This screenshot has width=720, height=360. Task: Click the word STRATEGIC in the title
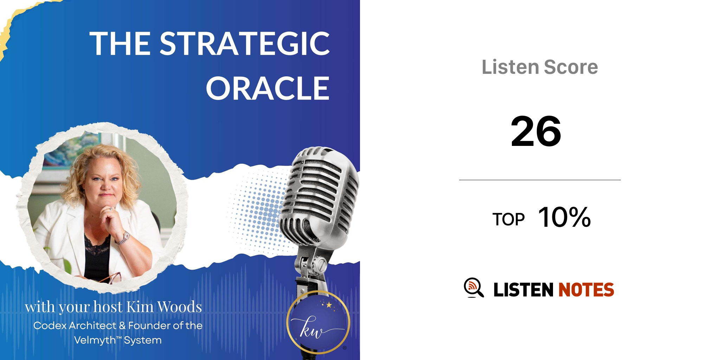point(245,44)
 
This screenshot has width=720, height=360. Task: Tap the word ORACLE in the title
point(268,88)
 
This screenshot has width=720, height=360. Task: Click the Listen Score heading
point(540,67)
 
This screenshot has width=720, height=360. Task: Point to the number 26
point(536,131)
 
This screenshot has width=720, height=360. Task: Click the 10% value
point(564,217)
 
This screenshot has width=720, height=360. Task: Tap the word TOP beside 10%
point(508,219)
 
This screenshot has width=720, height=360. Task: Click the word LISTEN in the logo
point(523,290)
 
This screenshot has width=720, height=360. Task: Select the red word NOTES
point(586,290)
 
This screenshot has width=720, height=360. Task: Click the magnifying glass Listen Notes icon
point(474,288)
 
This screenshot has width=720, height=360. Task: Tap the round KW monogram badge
point(318,322)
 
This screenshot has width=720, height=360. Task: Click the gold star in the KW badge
point(329,304)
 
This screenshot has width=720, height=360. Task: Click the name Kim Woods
point(164,307)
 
